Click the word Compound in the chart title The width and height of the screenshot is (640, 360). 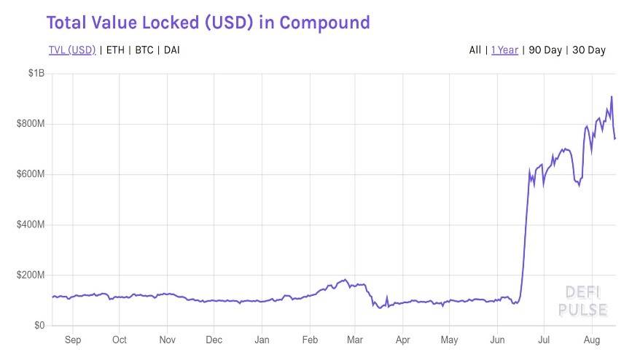(x=324, y=23)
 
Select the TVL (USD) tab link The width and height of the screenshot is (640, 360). (x=72, y=50)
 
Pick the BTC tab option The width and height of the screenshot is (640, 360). (x=144, y=50)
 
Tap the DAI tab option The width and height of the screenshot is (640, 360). (x=172, y=50)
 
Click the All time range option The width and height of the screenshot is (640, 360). (x=475, y=50)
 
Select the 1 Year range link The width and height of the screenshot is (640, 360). (x=504, y=50)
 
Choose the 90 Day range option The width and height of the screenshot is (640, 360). (x=545, y=50)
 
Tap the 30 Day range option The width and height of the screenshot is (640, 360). (x=589, y=50)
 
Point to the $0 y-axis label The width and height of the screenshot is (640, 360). (x=39, y=325)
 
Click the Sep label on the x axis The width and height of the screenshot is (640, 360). (x=73, y=340)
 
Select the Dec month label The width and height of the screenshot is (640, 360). (x=214, y=340)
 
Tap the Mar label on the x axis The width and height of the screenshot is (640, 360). (x=356, y=340)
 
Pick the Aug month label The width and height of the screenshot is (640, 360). (x=593, y=340)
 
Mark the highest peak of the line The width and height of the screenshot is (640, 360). (x=612, y=97)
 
